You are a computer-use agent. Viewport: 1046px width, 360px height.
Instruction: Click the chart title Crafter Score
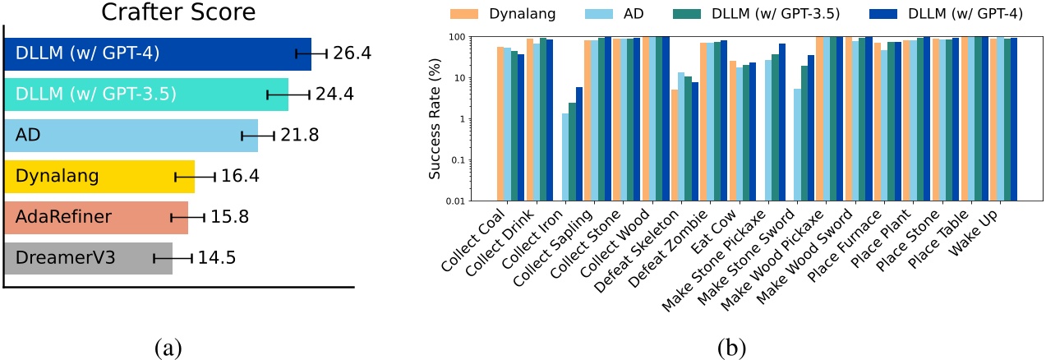(x=178, y=13)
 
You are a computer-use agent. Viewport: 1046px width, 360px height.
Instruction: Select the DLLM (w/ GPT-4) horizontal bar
(x=157, y=54)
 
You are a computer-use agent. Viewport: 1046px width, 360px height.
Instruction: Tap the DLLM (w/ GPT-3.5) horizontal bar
(x=145, y=95)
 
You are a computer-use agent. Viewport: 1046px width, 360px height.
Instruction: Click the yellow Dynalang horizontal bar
(x=99, y=176)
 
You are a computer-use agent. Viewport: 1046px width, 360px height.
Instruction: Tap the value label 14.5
(x=217, y=257)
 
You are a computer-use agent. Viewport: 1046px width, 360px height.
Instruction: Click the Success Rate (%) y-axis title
(x=435, y=120)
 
